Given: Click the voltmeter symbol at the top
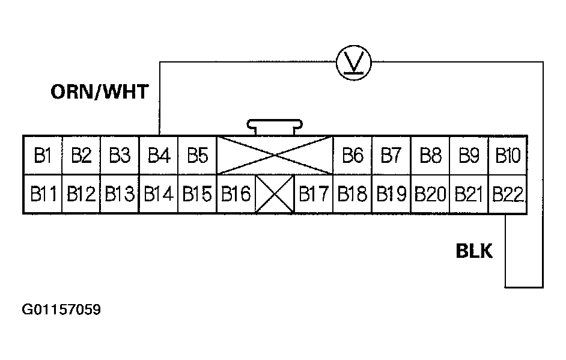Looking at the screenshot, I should tap(353, 61).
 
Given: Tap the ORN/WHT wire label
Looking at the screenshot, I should tap(99, 92).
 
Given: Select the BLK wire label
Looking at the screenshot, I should tap(474, 251).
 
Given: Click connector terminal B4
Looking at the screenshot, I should tap(159, 156).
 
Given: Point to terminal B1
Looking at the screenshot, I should tap(42, 156).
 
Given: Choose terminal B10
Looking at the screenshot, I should tap(508, 156).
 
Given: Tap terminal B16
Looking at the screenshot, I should tap(236, 194).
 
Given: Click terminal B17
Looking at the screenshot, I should tap(314, 194).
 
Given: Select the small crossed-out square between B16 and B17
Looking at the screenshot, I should tap(275, 194).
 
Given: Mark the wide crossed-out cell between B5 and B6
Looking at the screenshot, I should tap(275, 156).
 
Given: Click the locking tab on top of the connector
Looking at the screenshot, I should tap(274, 126).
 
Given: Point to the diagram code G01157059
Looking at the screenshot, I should tap(61, 310).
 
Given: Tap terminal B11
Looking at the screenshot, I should tap(42, 194).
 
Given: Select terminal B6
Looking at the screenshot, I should tap(353, 156).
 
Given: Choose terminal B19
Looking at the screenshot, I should tap(391, 194).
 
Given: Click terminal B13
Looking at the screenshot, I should tap(120, 194).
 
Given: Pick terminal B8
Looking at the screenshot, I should tap(430, 156).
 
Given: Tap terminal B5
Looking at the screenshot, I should tap(197, 156).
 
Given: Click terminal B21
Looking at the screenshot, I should tap(469, 194).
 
